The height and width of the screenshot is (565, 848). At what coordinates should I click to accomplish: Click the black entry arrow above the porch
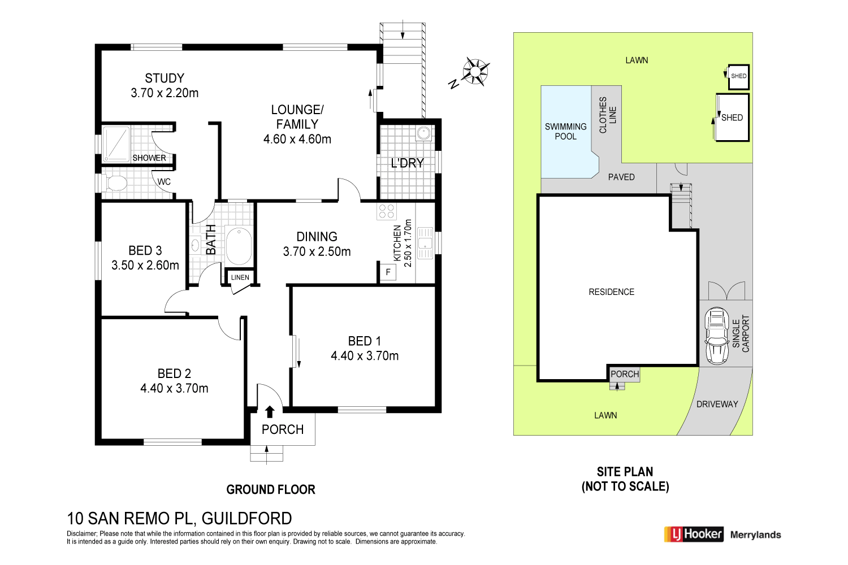[270, 412]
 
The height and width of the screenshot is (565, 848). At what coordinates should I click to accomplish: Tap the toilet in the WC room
[116, 183]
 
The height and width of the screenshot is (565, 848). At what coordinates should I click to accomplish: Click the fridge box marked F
[388, 272]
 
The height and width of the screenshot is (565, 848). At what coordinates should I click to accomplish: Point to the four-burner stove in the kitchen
[387, 212]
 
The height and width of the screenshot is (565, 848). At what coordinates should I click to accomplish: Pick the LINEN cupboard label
[240, 277]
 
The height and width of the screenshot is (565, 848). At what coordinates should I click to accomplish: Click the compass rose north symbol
[475, 71]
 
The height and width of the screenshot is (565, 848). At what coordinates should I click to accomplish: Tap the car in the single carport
[716, 336]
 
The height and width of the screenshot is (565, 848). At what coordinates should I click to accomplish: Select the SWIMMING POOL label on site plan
[565, 131]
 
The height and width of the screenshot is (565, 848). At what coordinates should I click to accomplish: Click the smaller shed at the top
[738, 76]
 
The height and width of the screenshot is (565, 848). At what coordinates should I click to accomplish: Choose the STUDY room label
[165, 79]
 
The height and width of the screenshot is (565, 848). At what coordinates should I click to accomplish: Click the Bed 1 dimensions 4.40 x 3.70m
[365, 356]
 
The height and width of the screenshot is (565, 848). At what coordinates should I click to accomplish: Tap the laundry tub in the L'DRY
[423, 134]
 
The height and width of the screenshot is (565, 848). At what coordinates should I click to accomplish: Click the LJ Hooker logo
[694, 534]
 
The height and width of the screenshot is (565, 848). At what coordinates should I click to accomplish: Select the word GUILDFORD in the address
[246, 518]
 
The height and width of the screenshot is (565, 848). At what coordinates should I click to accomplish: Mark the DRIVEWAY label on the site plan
[717, 404]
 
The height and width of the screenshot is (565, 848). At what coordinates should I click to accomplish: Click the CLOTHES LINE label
[607, 115]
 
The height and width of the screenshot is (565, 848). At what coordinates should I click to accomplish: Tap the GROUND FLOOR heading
[271, 490]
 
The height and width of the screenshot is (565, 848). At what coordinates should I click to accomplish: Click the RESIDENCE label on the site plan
[611, 292]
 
